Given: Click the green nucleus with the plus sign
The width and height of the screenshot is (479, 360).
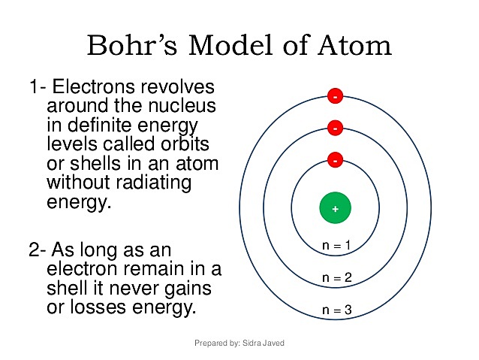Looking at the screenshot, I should pos(336,207).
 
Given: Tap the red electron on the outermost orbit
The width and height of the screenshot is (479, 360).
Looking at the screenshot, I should pos(335,96).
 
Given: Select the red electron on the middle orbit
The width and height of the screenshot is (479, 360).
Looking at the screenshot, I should pos(335,129).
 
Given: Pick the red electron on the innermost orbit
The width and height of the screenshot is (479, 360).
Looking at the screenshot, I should pos(335,160).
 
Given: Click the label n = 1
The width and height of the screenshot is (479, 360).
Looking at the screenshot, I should pos(336,246).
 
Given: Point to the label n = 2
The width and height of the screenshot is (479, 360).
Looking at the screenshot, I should pos(336,278).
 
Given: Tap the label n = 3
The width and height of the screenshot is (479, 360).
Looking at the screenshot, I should pos(336,310).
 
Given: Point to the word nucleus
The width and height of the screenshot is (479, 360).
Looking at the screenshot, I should pos(179,105).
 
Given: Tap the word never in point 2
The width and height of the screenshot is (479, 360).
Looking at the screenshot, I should pos(141,288).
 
